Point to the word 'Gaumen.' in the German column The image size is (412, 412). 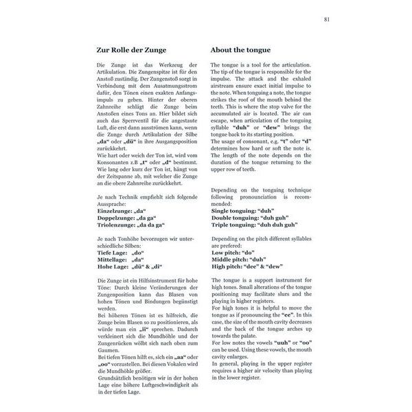coord(102,347)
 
